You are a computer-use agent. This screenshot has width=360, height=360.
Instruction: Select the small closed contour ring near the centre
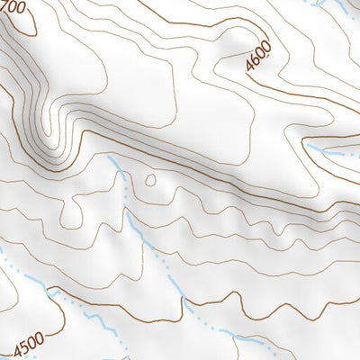click(x=149, y=180)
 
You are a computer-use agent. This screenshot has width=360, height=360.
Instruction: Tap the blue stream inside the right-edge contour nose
click(x=328, y=151)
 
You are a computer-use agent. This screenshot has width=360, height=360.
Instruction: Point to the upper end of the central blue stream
click(x=109, y=158)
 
